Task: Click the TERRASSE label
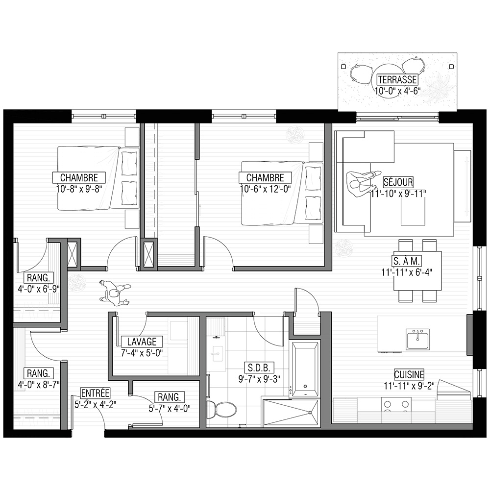click(397, 80)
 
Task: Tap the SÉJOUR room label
click(398, 182)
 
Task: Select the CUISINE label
click(409, 374)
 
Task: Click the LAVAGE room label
click(142, 342)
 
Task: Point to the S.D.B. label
click(259, 367)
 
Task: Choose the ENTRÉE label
click(96, 393)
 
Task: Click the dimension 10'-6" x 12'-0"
click(265, 189)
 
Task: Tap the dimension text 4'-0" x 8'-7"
click(38, 385)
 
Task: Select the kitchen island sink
click(417, 340)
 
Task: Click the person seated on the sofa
click(363, 184)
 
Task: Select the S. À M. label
click(407, 261)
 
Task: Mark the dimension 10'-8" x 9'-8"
click(79, 189)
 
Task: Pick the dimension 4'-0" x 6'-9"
click(38, 289)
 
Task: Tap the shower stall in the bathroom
click(291, 413)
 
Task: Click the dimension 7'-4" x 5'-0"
click(142, 353)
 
